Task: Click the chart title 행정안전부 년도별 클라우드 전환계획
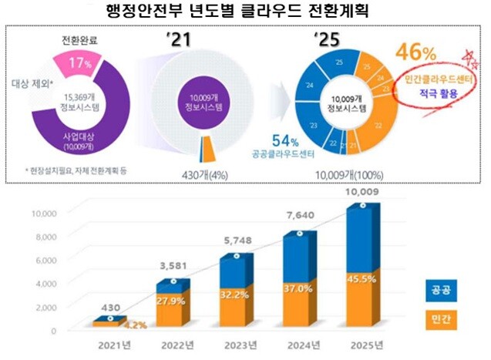(x=245, y=13)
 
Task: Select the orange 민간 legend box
(x=442, y=318)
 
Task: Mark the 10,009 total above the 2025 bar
(x=362, y=190)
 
